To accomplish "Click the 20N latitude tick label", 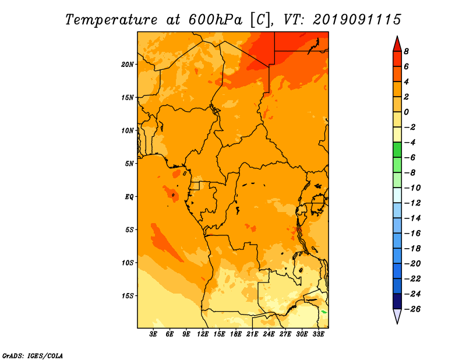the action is point(128,65).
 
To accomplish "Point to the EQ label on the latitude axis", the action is point(129,197).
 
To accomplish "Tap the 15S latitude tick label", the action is point(128,296).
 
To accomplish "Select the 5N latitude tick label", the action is point(129,164).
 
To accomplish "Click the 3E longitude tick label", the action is point(153,334).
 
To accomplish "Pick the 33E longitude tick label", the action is point(318,334).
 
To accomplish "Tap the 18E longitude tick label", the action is point(236,334).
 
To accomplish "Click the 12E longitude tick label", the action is point(203,334).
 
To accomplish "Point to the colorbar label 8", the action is point(406,51).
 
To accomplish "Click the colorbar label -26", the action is point(412,309).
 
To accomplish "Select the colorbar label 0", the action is point(406,112).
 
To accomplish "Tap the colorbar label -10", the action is point(412,188).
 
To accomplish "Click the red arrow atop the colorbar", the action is point(397,44).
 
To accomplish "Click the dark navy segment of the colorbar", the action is point(397,301).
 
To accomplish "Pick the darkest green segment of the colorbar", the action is point(397,150).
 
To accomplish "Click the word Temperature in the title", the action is point(111,20).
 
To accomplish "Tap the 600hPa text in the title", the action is point(215,20).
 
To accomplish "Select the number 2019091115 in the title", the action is point(357,20).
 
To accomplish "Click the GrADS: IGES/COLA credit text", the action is point(33,356).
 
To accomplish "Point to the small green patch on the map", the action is point(324,312).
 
